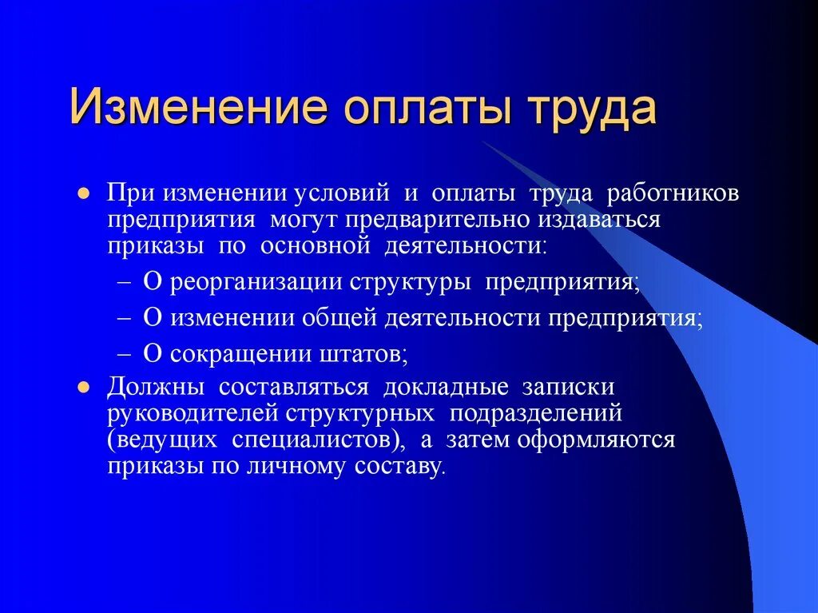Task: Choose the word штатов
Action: pyautogui.click(x=365, y=352)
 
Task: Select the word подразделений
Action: pyautogui.click(x=534, y=413)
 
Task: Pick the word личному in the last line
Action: pyautogui.click(x=298, y=466)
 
